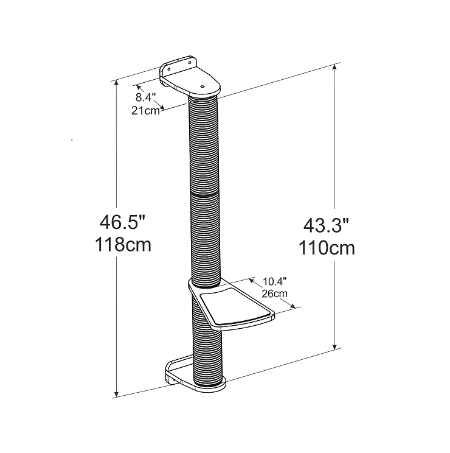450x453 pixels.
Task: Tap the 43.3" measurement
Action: click(327, 225)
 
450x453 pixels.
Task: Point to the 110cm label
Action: click(327, 248)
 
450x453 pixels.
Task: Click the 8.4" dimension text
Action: click(146, 97)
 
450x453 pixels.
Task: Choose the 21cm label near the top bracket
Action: click(145, 110)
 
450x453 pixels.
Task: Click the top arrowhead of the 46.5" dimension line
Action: click(117, 83)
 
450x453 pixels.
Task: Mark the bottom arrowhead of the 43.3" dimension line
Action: click(334, 347)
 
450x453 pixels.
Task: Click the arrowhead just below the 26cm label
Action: click(295, 306)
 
